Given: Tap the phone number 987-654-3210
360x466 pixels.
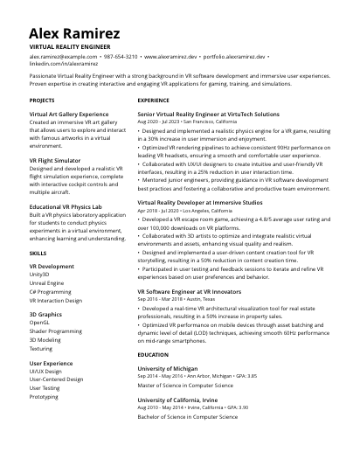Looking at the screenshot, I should click(x=121, y=55).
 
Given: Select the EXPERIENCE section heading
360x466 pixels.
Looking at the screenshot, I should click(x=153, y=101).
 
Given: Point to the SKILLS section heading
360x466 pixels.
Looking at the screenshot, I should click(x=38, y=252).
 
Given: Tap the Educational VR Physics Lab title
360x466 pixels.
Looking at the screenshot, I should click(x=72, y=206).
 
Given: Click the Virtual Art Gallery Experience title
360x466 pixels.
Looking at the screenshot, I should click(x=69, y=115).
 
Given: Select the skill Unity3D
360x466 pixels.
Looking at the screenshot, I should click(x=41, y=275).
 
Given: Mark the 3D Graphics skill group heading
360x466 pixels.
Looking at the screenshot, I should click(x=45, y=314).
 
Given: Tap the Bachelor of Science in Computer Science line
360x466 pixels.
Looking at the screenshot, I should click(x=187, y=417).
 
